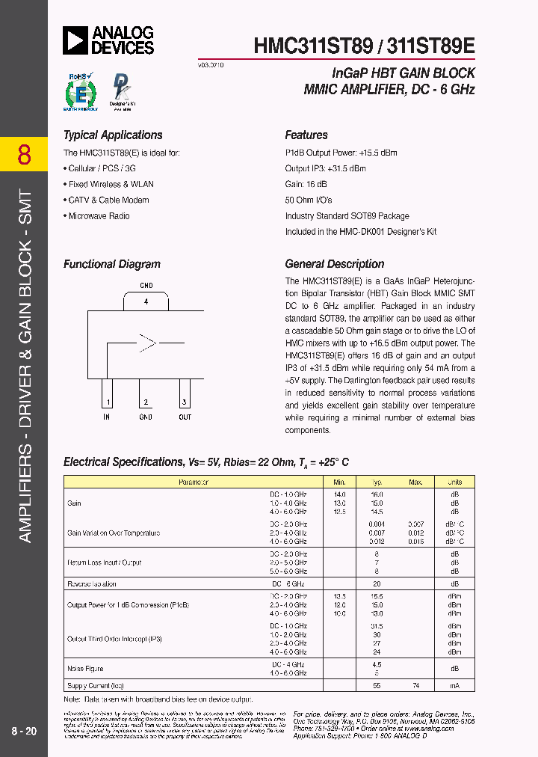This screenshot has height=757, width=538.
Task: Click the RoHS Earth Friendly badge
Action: pyautogui.click(x=81, y=92)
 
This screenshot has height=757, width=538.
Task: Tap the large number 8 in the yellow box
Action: pyautogui.click(x=24, y=155)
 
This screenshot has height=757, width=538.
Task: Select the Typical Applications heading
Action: pyautogui.click(x=113, y=135)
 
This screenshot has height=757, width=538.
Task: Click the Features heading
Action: pyautogui.click(x=306, y=135)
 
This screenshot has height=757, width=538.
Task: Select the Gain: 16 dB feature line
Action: pyautogui.click(x=306, y=184)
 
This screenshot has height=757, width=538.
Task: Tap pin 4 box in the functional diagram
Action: pyautogui.click(x=146, y=301)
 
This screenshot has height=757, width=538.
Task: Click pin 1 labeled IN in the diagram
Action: pyautogui.click(x=107, y=403)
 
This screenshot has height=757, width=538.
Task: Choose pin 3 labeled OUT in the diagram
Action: pyautogui.click(x=185, y=403)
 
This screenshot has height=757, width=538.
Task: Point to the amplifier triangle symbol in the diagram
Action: pyautogui.click(x=147, y=343)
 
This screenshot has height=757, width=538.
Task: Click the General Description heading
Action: pyautogui.click(x=335, y=264)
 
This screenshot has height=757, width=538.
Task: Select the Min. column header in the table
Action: pyautogui.click(x=340, y=482)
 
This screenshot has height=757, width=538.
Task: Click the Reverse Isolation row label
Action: pyautogui.click(x=92, y=583)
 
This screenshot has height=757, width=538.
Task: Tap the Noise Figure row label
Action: pyautogui.click(x=86, y=669)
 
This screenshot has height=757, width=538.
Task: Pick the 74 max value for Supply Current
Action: pyautogui.click(x=415, y=685)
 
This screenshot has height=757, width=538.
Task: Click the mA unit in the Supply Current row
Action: pyautogui.click(x=454, y=685)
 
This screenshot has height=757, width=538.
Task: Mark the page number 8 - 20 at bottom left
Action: pyautogui.click(x=24, y=731)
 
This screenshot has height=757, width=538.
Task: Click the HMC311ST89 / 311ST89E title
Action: pyautogui.click(x=365, y=46)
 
